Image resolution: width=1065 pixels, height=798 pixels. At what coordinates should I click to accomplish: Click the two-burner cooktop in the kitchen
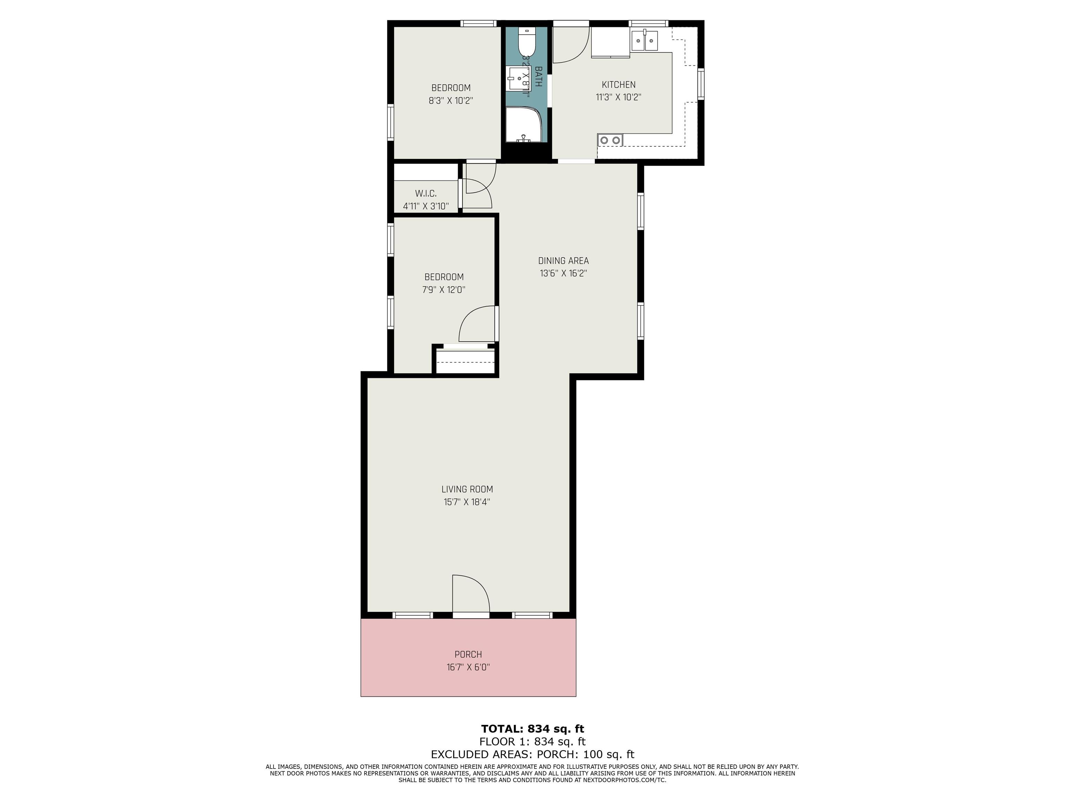[x=610, y=140]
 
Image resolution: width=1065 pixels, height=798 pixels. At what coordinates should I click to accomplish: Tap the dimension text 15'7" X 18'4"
[x=467, y=502]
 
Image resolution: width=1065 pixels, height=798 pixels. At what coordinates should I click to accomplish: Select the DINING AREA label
[x=563, y=261]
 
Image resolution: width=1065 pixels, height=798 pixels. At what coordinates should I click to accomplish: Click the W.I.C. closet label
[x=426, y=193]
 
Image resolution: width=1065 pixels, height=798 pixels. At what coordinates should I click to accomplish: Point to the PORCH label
[x=468, y=654]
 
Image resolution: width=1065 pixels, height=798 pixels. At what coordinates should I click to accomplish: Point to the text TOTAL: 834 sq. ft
[x=532, y=729]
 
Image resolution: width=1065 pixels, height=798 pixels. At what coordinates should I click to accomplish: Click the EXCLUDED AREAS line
[x=532, y=754]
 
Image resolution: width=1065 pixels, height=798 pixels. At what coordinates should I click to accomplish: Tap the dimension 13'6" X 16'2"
[x=563, y=274]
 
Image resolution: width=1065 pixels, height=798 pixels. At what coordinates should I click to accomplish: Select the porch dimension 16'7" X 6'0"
[x=468, y=667]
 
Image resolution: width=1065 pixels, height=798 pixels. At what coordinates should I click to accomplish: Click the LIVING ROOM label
[x=467, y=489]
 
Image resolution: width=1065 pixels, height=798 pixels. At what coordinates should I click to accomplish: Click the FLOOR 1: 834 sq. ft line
[x=532, y=742]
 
